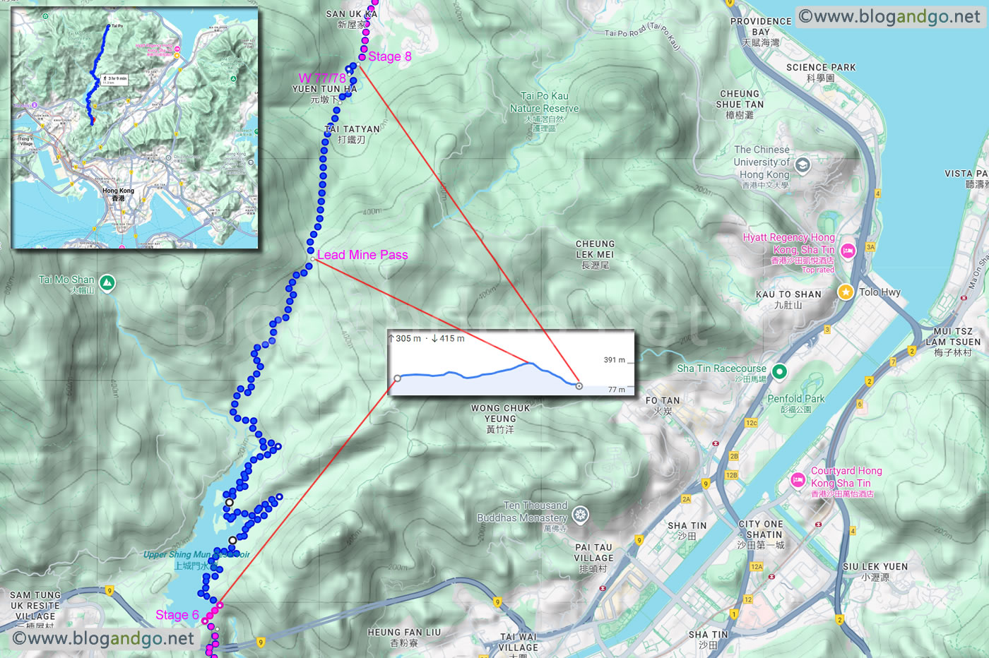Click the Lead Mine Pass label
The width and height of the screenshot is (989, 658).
pyautogui.click(x=362, y=255)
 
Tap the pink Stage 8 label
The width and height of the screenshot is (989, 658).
pyautogui.click(x=389, y=56)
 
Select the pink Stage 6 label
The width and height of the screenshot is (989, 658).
pyautogui.click(x=177, y=615)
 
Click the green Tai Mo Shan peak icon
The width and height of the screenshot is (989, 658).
pyautogui.click(x=107, y=283)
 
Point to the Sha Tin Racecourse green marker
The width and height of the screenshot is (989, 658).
pyautogui.click(x=779, y=371)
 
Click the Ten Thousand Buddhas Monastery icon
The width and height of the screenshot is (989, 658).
pyautogui.click(x=580, y=515)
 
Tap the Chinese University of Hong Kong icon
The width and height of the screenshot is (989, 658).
pyautogui.click(x=802, y=165)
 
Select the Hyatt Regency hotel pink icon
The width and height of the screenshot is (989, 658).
pyautogui.click(x=848, y=250)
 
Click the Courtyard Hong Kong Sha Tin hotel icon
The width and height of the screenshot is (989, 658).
pyautogui.click(x=798, y=480)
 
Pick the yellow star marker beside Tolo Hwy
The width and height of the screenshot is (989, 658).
pyautogui.click(x=845, y=292)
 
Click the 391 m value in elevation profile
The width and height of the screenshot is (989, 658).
pyautogui.click(x=614, y=360)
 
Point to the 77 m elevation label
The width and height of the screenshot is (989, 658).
pyautogui.click(x=616, y=390)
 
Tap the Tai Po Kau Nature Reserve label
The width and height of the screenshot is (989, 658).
pyautogui.click(x=544, y=102)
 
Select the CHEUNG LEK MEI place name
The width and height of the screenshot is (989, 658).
pyautogui.click(x=595, y=249)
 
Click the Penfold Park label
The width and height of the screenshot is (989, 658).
pyautogui.click(x=796, y=399)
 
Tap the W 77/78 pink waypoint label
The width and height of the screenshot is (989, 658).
pyautogui.click(x=322, y=78)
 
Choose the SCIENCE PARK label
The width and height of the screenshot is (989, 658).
pyautogui.click(x=821, y=68)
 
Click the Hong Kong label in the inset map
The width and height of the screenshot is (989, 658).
pyautogui.click(x=118, y=191)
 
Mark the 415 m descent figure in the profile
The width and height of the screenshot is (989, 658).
pyautogui.click(x=451, y=339)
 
